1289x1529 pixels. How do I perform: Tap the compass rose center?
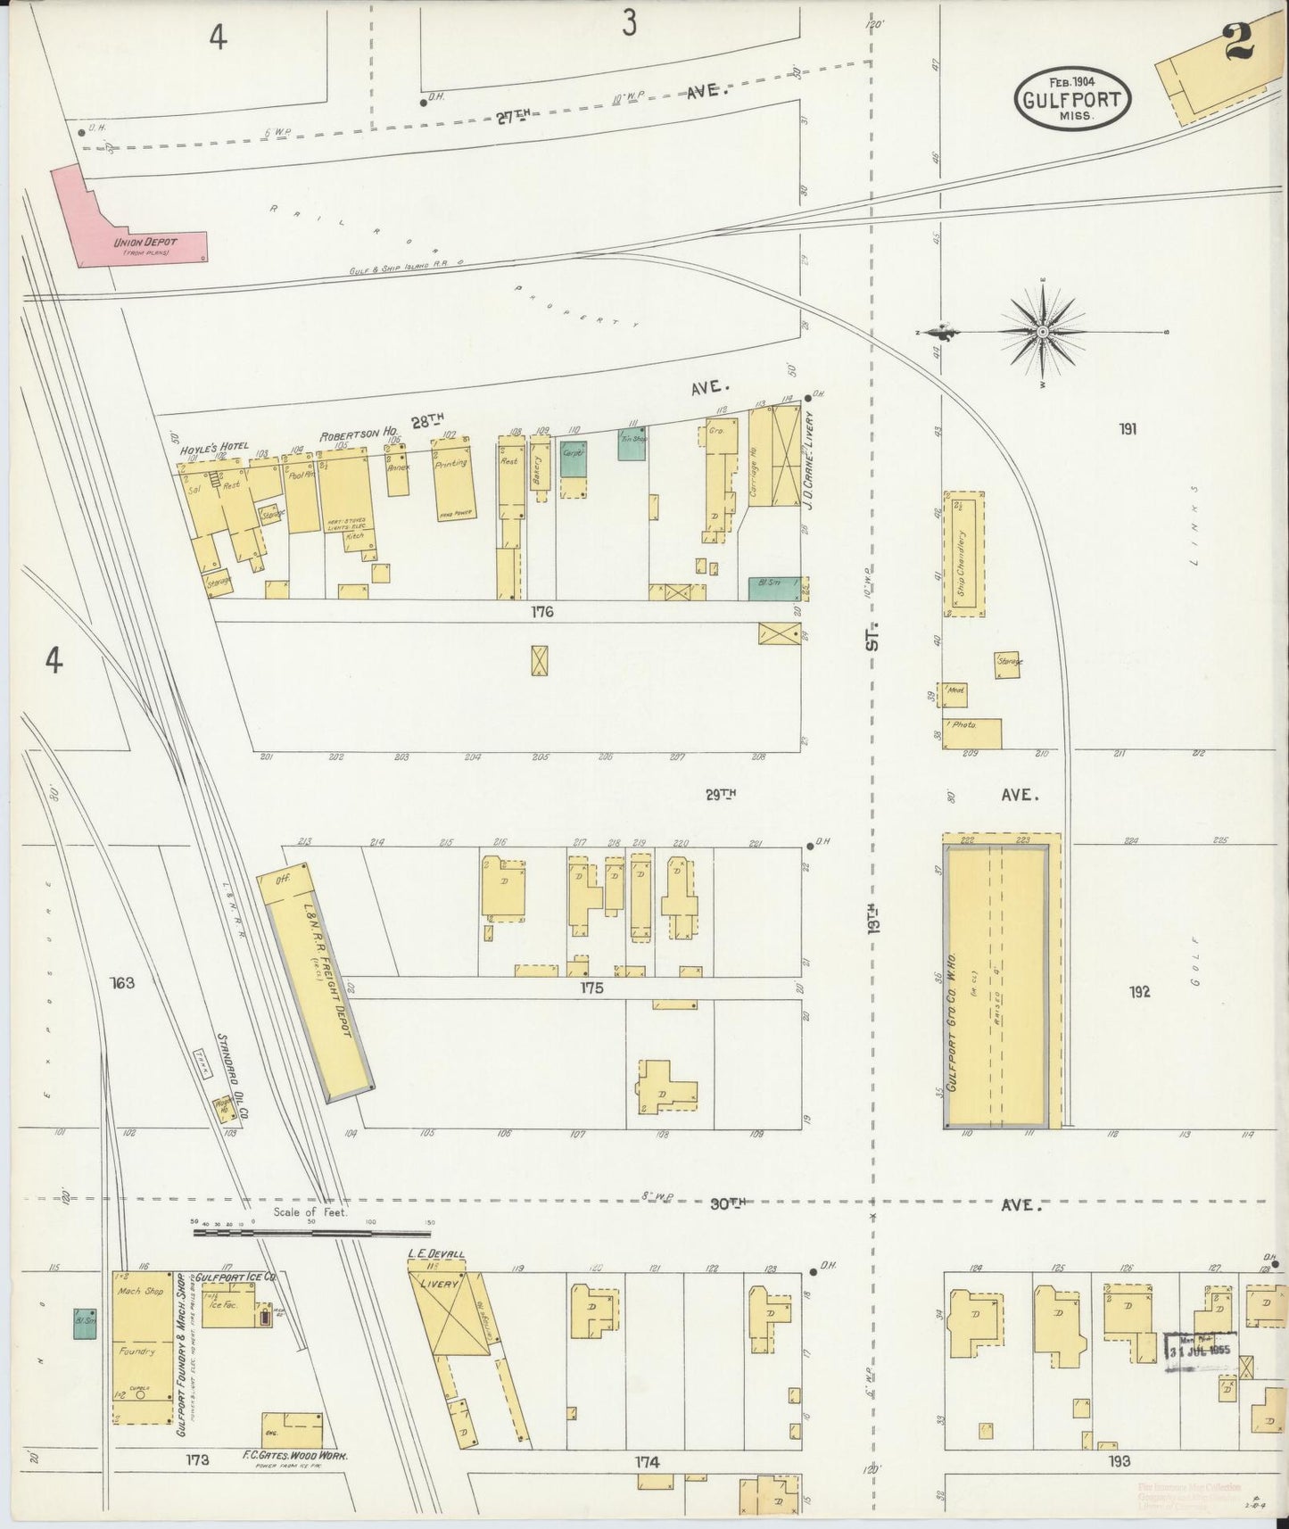(1043, 332)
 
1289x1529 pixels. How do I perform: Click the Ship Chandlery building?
(964, 553)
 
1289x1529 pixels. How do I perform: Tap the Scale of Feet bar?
(312, 1234)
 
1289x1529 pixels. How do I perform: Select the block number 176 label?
(541, 612)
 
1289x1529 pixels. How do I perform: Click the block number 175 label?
(591, 988)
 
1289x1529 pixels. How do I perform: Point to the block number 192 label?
(1139, 992)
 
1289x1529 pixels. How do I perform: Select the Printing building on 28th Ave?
(453, 477)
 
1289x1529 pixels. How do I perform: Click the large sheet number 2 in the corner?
(1239, 40)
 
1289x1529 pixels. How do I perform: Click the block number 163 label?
(122, 983)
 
